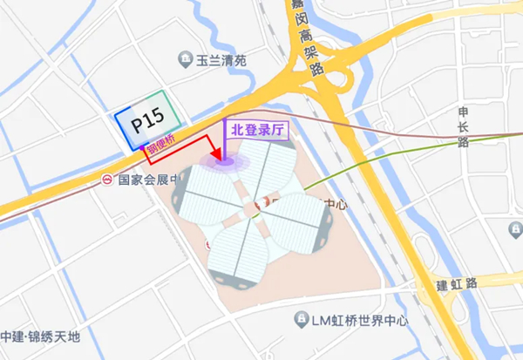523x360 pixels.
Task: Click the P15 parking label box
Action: [147, 123]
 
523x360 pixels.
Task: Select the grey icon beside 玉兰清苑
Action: [185, 60]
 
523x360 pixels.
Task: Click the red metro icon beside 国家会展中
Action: [106, 181]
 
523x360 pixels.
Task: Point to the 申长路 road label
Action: [463, 126]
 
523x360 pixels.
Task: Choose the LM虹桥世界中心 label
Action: [358, 320]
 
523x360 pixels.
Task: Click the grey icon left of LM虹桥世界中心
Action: [301, 320]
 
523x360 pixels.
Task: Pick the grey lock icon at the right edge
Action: [516, 228]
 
